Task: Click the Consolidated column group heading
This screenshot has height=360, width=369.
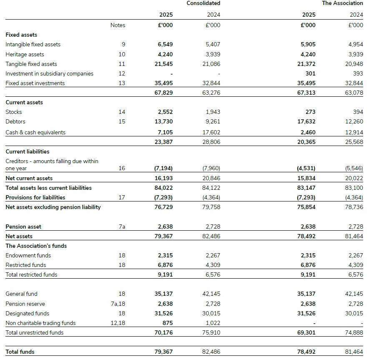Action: coord(203,3)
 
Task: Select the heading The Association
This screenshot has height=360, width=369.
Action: coord(342,3)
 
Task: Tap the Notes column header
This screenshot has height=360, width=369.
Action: coord(118,25)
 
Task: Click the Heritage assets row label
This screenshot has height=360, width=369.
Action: coord(25,54)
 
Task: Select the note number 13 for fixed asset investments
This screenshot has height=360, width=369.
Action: coord(122,83)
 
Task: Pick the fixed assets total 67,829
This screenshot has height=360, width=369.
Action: coord(163,93)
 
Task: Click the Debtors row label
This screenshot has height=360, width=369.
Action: coord(15,121)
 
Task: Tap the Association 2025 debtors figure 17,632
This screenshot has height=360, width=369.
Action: coord(307,121)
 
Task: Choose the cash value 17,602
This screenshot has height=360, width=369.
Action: coord(211,132)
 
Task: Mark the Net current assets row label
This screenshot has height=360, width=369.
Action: coord(29,178)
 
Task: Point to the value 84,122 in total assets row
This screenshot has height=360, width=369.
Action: coord(211,188)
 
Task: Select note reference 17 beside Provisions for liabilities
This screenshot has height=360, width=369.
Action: coord(122,197)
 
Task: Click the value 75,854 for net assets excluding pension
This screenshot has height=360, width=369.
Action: coord(306,207)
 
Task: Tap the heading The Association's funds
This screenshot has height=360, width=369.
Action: coord(36,246)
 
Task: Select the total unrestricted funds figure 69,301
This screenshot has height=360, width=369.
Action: coord(306,332)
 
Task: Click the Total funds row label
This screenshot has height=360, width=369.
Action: coord(20,352)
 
